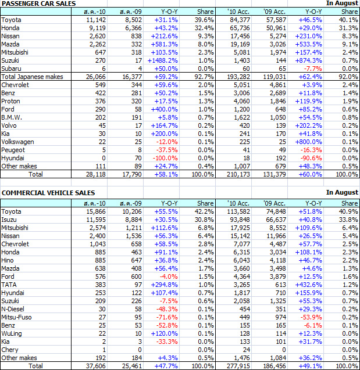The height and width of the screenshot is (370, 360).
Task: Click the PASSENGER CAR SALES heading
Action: tap(39, 3)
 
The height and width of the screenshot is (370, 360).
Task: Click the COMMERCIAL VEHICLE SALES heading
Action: tap(48, 192)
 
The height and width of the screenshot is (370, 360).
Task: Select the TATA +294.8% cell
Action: tap(165, 285)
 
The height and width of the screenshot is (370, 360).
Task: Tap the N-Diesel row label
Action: tap(14, 310)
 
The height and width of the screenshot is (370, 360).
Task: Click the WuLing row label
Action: tap(12, 334)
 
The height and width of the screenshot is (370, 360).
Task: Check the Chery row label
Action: tap(10, 350)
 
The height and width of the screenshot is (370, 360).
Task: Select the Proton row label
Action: tap(11, 100)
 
